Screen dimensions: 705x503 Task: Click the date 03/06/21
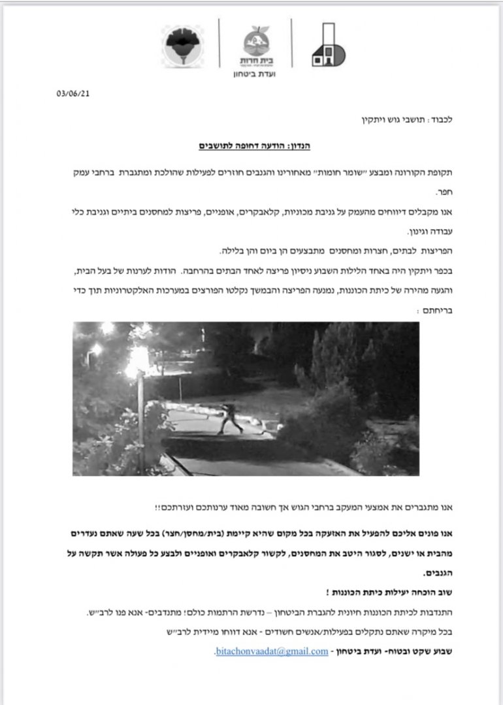(x=73, y=93)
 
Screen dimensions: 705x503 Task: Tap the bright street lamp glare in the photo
(x=138, y=358)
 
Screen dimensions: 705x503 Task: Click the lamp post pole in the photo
(x=140, y=424)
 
